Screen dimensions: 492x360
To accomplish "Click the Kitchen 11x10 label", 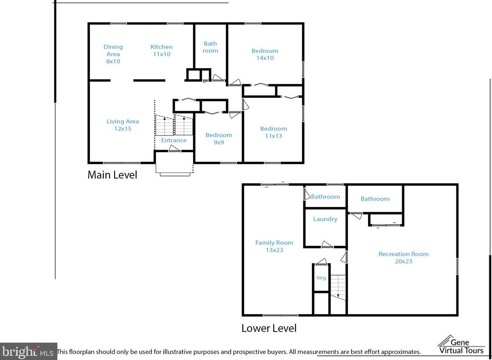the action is click(161, 50).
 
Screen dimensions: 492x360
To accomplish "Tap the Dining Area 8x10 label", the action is click(113, 54).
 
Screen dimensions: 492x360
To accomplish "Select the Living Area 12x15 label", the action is click(123, 125).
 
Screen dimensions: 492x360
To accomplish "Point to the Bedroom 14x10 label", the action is click(265, 54).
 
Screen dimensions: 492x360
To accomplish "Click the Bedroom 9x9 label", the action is click(219, 138).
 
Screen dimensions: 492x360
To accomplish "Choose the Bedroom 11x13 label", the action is click(273, 132).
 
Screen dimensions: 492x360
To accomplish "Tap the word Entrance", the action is click(174, 140).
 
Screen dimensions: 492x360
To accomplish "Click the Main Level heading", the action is click(112, 175).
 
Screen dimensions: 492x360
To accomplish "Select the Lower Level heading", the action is click(269, 328).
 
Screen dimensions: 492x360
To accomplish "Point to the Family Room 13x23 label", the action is click(274, 246).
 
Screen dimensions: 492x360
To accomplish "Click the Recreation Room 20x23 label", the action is click(403, 257).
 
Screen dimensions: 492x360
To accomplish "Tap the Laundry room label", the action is click(325, 219).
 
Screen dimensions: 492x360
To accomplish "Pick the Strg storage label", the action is click(321, 278).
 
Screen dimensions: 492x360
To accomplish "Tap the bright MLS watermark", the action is click(28, 352).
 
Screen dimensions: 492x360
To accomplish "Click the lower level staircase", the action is click(338, 287).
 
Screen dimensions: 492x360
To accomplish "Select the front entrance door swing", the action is click(175, 148).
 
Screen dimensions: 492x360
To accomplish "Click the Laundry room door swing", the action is click(327, 244).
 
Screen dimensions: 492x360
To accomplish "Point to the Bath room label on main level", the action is click(210, 47).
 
